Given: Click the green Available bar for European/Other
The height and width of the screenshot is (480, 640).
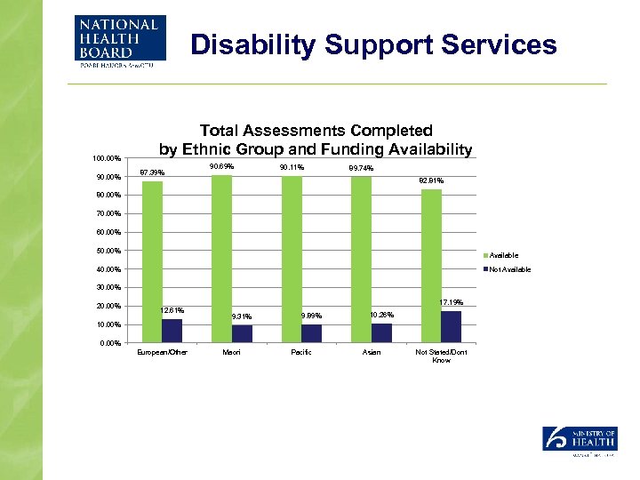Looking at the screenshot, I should [152, 262].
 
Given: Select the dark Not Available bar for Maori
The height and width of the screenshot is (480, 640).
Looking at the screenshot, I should [242, 334].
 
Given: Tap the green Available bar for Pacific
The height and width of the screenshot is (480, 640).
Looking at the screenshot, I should [292, 260].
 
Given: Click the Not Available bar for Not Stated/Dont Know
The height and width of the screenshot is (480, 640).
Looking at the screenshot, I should [451, 327].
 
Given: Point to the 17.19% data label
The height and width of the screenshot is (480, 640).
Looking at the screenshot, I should [452, 304].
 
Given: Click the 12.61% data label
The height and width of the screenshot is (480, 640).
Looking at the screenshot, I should [172, 310].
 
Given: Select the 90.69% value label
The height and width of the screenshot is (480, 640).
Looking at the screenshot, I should [221, 167].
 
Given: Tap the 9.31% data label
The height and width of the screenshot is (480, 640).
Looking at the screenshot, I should [241, 316].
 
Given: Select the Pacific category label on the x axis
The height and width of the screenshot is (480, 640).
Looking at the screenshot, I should [301, 353].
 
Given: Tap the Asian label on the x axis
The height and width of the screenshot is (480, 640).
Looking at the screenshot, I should [372, 353].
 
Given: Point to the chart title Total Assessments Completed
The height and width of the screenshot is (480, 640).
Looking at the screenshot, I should [316, 132].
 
